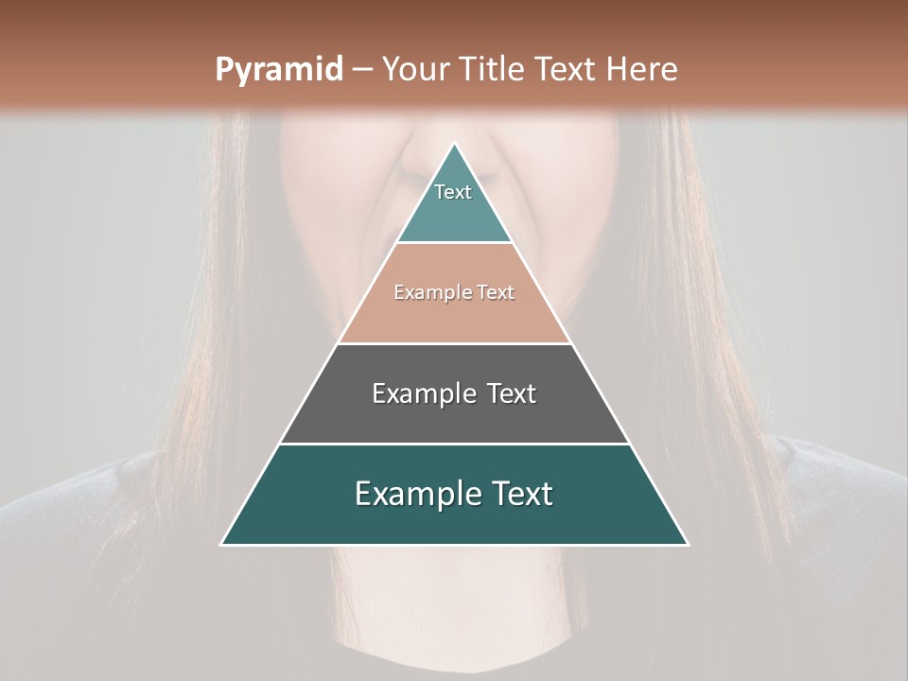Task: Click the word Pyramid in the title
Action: pos(278,70)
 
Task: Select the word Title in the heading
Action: pos(494,70)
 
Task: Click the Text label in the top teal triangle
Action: pos(453,192)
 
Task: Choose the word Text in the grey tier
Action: pos(512,393)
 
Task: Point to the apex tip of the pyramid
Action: pos(455,144)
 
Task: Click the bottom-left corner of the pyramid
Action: pos(222,544)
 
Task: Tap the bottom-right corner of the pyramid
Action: pos(688,544)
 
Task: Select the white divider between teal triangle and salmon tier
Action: pos(455,243)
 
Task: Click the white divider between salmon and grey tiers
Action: pos(455,343)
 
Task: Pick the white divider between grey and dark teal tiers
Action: pos(455,444)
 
